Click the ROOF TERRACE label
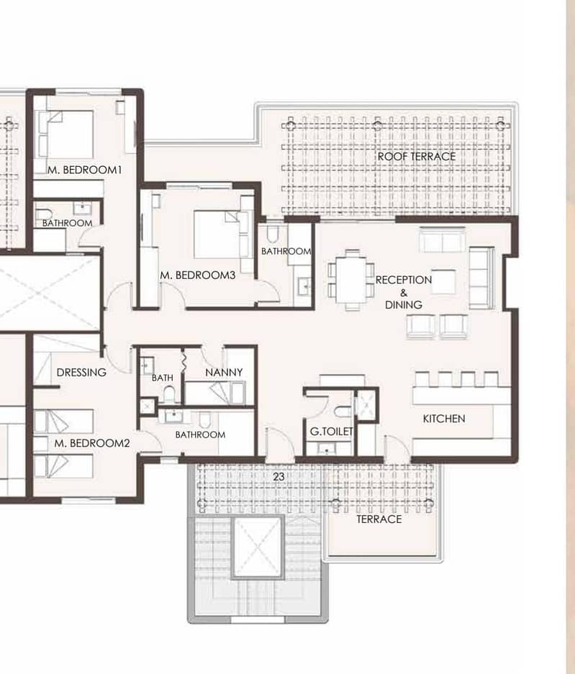pos(416,157)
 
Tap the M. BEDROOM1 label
pos(85,170)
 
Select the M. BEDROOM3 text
pos(198,275)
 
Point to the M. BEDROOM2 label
pos(92,443)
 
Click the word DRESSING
pos(81,373)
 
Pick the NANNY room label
pos(224,373)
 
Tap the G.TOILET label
pos(332,431)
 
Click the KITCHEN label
pos(444,419)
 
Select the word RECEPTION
pos(404,280)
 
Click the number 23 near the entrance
pos(279,476)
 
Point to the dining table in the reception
pos(352,280)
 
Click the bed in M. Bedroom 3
pos(217,234)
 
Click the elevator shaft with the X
pos(257,547)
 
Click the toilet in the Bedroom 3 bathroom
pos(273,234)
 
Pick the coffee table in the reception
pos(443,281)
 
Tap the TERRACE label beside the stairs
pos(379,519)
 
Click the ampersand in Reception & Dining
pos(404,293)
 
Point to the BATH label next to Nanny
pos(163,378)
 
